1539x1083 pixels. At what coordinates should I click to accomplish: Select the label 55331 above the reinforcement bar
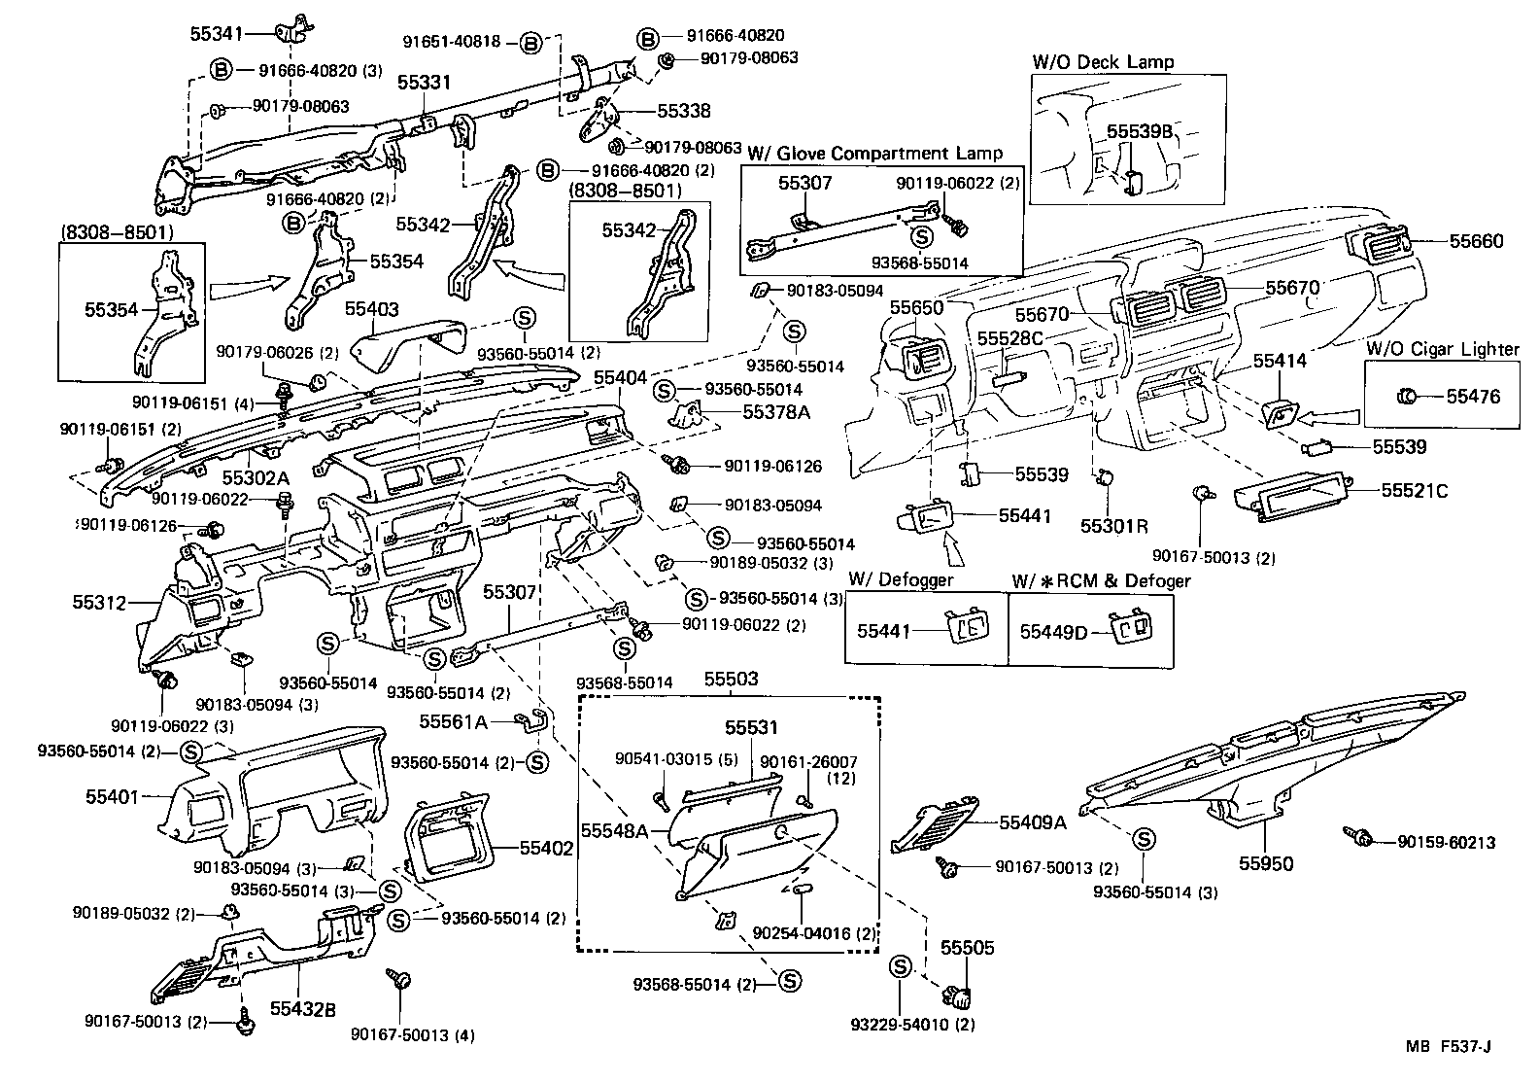tap(424, 84)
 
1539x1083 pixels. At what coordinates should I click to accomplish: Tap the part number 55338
tap(684, 112)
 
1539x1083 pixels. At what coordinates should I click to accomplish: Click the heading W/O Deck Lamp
tap(1103, 61)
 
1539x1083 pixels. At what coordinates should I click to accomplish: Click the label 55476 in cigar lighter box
tap(1473, 396)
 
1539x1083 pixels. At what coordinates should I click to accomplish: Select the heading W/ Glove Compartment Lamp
tap(874, 153)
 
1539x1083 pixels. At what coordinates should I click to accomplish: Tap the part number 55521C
tap(1415, 491)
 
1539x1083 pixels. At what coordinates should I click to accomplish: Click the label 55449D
tap(1053, 632)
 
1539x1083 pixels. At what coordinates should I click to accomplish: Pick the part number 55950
tap(1266, 863)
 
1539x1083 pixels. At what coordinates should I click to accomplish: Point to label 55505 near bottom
tap(967, 947)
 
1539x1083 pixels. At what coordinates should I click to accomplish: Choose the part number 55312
tap(99, 603)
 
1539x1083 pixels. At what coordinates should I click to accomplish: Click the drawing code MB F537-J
tap(1447, 1046)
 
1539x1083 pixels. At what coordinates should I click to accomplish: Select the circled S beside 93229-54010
tap(900, 966)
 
